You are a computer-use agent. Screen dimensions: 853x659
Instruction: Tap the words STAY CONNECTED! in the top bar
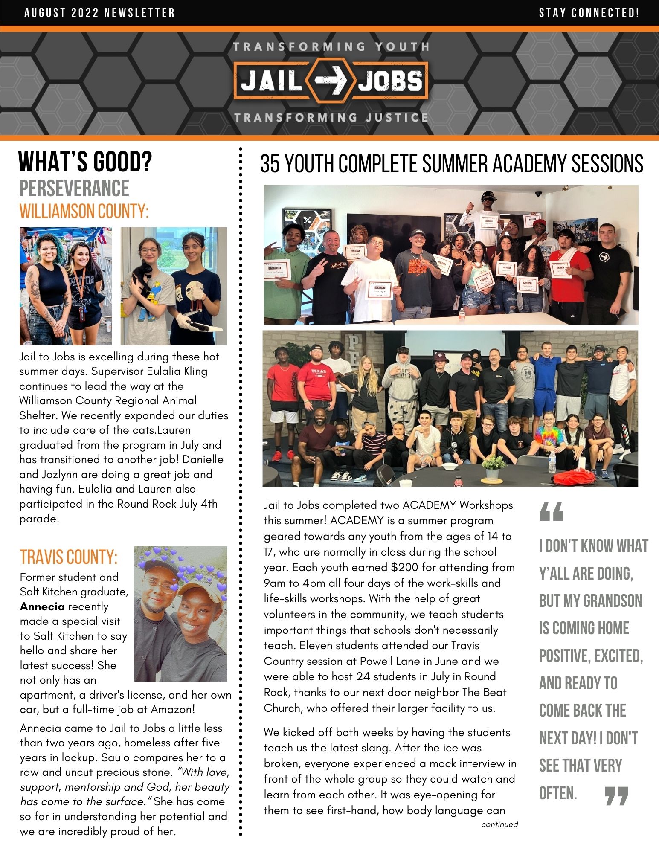tap(589, 13)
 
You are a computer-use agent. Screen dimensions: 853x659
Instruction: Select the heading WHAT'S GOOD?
tap(85, 162)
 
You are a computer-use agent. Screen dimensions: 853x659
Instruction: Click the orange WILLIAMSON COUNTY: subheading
tap(84, 211)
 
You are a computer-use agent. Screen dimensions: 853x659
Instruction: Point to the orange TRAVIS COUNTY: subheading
tap(68, 557)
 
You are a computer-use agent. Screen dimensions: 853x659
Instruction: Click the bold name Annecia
tap(42, 606)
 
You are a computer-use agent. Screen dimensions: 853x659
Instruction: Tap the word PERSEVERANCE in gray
tap(74, 189)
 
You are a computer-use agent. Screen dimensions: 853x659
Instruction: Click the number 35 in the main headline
tap(270, 164)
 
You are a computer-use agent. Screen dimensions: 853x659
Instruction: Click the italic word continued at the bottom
tap(499, 824)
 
